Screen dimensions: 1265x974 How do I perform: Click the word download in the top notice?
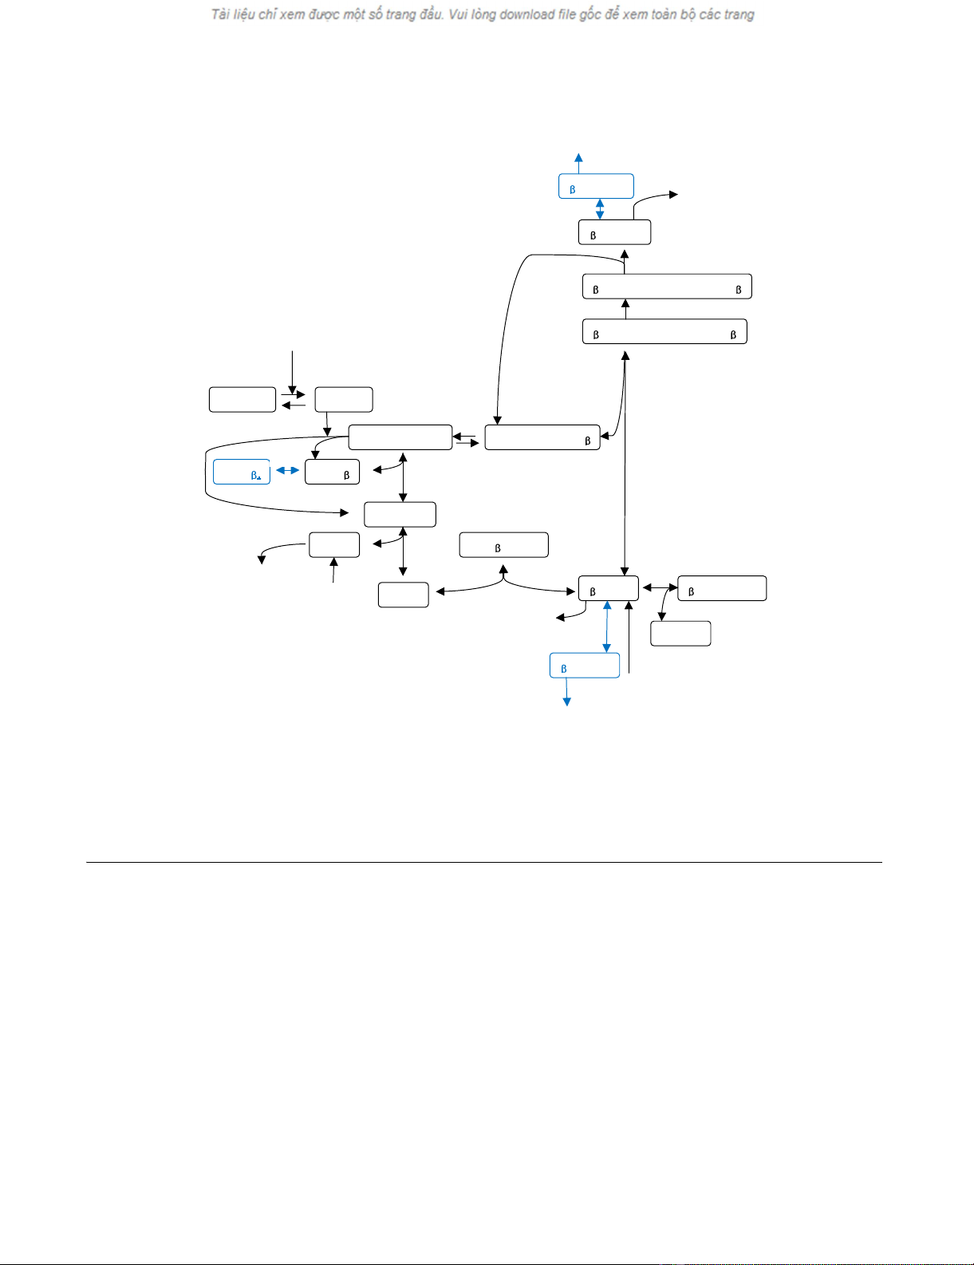(526, 14)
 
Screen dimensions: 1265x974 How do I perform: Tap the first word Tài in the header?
(220, 14)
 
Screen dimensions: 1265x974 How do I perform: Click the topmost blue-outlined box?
(596, 186)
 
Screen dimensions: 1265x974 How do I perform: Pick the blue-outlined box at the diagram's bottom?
(585, 666)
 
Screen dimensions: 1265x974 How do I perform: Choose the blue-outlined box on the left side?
(242, 472)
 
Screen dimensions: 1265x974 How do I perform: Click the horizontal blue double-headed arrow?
(287, 471)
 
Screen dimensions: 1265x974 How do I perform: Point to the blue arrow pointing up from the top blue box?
(578, 163)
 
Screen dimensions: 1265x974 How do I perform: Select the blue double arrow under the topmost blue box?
(600, 209)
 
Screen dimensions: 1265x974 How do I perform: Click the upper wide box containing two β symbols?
(667, 287)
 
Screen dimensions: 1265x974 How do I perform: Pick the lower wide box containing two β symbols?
(664, 331)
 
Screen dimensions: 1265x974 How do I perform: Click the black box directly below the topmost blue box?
(614, 232)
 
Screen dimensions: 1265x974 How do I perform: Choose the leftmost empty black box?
(243, 399)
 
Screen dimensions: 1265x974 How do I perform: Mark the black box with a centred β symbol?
(503, 545)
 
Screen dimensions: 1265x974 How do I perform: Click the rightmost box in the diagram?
(722, 588)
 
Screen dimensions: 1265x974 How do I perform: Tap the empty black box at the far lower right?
(680, 633)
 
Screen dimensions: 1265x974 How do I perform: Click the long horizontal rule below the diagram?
(483, 862)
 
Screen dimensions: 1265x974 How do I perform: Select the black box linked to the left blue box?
(332, 472)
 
